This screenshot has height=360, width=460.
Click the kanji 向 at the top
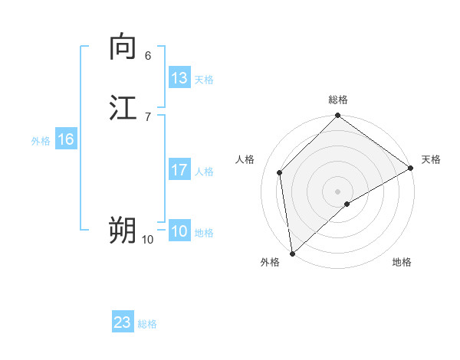tap(123, 47)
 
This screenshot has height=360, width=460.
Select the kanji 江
tap(123, 108)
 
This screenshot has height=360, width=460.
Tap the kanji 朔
tap(123, 230)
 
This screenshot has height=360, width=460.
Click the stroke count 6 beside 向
tap(148, 55)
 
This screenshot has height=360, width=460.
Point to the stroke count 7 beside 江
tap(148, 116)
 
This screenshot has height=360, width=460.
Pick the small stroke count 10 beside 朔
tap(148, 239)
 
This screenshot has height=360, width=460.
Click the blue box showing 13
tap(179, 78)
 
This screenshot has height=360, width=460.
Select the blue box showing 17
tap(179, 170)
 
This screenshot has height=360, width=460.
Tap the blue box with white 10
tap(179, 231)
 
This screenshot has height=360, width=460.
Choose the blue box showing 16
tap(66, 139)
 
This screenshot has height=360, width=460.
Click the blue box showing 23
tap(123, 322)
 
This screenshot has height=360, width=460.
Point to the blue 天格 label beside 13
tap(204, 80)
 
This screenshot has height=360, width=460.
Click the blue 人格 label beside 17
tap(204, 172)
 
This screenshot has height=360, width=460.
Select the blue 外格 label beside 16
tap(41, 141)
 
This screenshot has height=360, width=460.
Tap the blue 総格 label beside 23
tap(148, 324)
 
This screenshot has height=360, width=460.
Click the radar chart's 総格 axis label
tap(338, 100)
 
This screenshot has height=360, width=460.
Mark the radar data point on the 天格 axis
tap(411, 169)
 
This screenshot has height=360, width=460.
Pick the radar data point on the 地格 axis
tap(347, 204)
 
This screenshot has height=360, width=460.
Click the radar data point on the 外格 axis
tap(292, 253)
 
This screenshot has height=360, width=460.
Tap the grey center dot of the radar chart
tap(338, 191)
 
